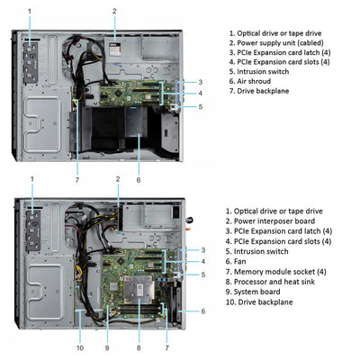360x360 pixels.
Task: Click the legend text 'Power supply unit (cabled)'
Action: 279,43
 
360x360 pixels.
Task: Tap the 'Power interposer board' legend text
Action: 275,220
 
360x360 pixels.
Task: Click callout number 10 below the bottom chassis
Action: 79,347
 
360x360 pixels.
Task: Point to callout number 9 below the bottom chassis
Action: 107,347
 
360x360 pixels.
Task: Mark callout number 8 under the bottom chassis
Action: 138,347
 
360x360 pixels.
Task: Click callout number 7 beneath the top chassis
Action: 76,179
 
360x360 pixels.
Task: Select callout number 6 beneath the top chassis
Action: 138,179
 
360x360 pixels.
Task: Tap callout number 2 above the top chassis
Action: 114,11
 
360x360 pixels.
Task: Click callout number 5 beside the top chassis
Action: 200,106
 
